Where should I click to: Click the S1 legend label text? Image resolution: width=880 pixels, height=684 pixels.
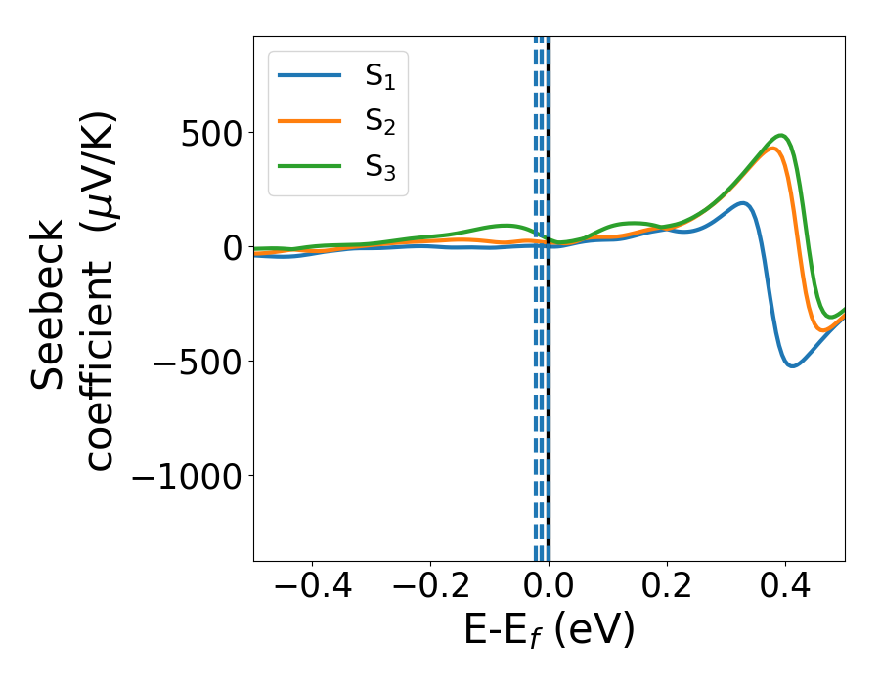point(385,77)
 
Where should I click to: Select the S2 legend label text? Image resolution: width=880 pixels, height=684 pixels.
point(385,121)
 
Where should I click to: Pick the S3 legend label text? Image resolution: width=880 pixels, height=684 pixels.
point(385,166)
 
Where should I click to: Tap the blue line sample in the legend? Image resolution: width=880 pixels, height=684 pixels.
point(310,75)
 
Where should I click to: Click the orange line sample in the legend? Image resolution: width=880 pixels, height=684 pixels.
point(310,120)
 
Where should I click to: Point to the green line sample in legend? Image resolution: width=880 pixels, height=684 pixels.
point(310,165)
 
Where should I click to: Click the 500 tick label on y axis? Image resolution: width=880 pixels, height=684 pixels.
point(211,133)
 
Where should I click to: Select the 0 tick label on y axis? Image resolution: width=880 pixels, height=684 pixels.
point(231,247)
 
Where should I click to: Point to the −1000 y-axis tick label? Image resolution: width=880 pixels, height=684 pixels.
point(186,476)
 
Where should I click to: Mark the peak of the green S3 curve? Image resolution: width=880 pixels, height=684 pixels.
point(781,136)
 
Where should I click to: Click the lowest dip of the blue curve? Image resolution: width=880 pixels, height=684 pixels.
point(792,366)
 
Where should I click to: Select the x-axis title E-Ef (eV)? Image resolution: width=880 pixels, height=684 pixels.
point(549,630)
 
